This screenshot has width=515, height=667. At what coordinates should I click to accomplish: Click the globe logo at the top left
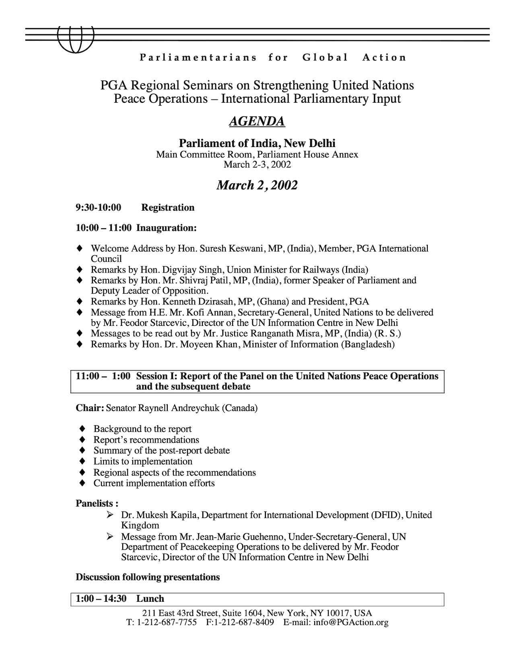point(75,39)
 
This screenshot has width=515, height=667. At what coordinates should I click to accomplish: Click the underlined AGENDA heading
point(257,121)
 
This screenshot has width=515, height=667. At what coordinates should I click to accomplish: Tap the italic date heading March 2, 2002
point(257,185)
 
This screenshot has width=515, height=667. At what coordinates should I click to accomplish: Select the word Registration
point(168,208)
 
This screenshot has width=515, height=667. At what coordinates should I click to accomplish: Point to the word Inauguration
point(166,228)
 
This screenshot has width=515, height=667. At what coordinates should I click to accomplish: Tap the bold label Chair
point(90,408)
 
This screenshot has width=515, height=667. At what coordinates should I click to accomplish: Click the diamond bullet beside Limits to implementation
point(82,461)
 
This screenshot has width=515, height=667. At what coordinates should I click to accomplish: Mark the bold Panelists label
point(97,503)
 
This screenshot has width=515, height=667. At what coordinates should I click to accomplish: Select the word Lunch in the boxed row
point(150,599)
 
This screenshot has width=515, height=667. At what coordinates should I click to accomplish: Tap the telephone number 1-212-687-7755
point(167,622)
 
